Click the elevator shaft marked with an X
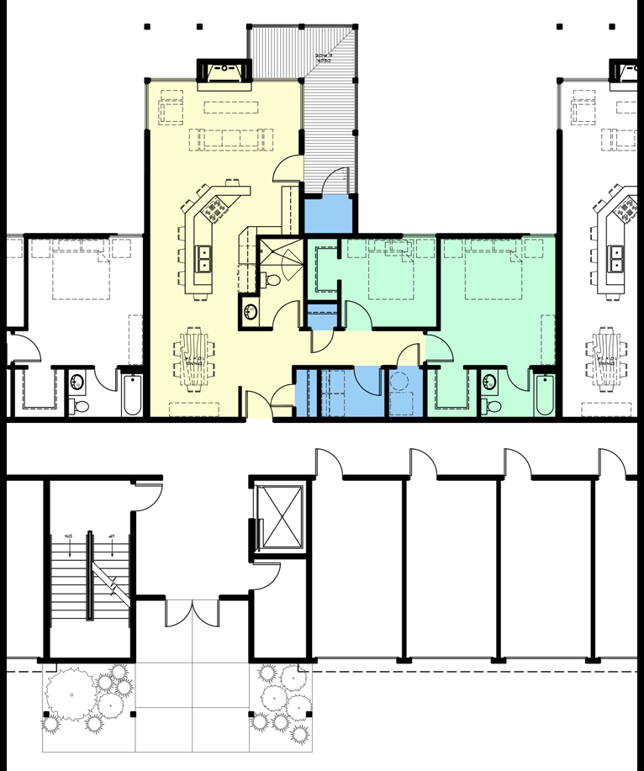[x=280, y=517]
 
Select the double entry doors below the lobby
[x=193, y=611]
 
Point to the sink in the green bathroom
[x=489, y=381]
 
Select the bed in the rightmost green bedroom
[x=495, y=267]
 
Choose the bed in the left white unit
[x=82, y=267]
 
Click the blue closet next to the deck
[x=329, y=215]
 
